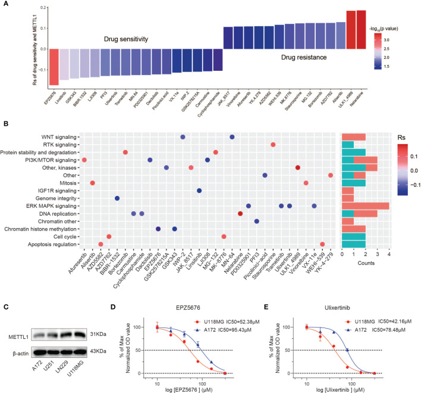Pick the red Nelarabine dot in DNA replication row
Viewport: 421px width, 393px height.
point(240,213)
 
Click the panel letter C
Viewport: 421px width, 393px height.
point(6,291)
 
